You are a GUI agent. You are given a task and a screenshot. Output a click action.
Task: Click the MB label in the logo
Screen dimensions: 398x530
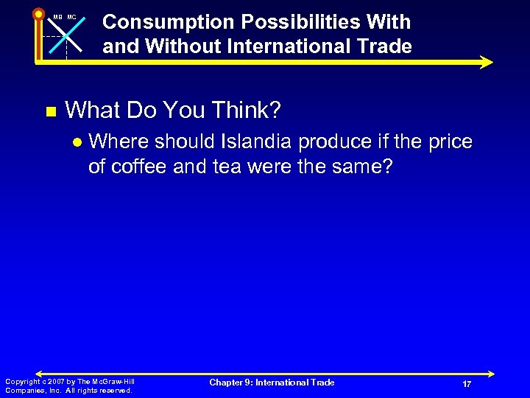coord(57,16)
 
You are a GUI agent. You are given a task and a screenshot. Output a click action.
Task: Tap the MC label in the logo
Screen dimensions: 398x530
coord(71,16)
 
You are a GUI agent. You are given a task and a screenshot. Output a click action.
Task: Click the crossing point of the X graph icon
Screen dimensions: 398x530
coord(66,35)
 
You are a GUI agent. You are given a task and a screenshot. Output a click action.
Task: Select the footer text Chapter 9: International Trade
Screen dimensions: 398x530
coord(272,383)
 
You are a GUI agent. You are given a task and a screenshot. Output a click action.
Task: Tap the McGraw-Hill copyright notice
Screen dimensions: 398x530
coord(70,385)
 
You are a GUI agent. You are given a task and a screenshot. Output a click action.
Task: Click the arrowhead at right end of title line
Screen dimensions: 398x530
coord(486,63)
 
